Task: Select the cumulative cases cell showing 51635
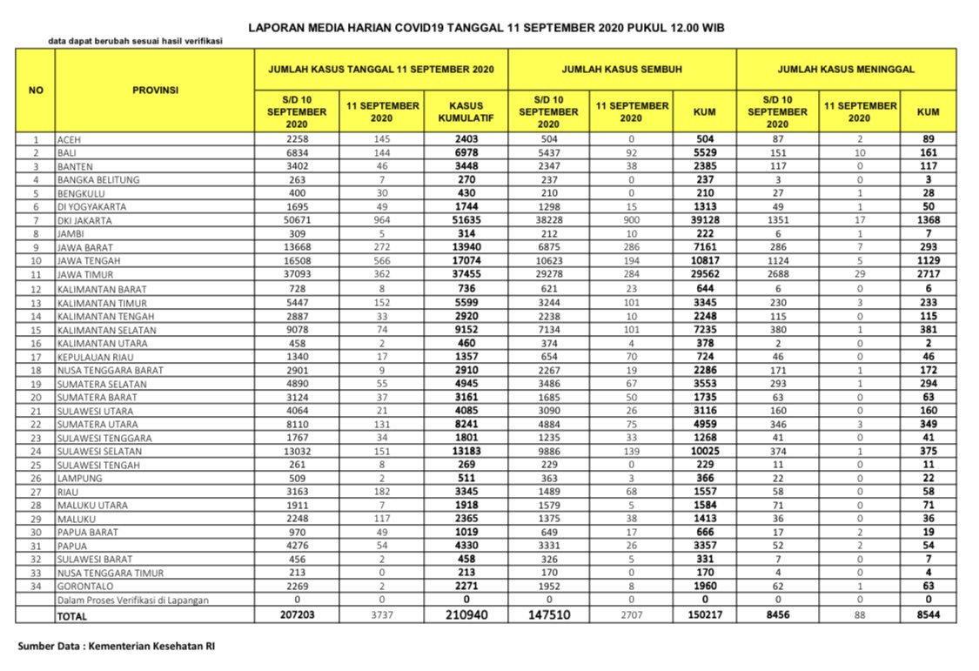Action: click(466, 221)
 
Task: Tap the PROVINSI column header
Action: click(154, 90)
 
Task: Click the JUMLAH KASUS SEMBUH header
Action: click(621, 69)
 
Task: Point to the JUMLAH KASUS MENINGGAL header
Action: click(846, 69)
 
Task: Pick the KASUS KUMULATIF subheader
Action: click(466, 111)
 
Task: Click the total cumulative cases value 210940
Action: click(466, 615)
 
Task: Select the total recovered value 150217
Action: click(705, 615)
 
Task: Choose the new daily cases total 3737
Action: click(382, 615)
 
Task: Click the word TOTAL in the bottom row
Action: click(72, 615)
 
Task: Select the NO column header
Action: click(36, 90)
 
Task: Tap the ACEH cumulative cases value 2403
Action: click(466, 139)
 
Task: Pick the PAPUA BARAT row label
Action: click(86, 532)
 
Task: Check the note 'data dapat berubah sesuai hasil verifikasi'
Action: click(136, 42)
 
